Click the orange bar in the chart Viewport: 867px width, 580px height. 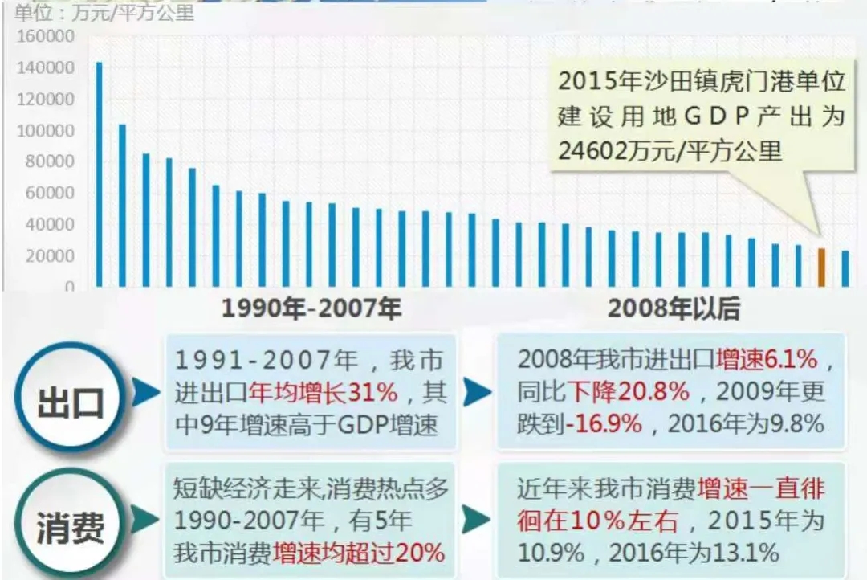(x=821, y=268)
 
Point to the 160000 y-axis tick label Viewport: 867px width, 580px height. (x=45, y=37)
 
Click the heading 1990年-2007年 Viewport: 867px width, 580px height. (x=311, y=308)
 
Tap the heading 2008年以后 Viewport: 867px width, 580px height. (x=674, y=308)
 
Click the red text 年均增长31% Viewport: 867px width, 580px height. (x=324, y=394)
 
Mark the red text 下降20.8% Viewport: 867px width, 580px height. (x=629, y=392)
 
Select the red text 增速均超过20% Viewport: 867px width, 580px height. (x=359, y=553)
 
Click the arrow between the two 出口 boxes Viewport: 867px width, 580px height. (x=476, y=393)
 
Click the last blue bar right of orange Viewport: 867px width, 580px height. (x=845, y=268)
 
